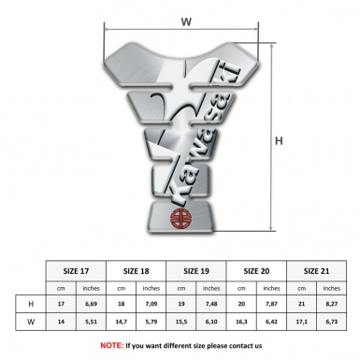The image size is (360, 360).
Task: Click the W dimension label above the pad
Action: click(186, 22)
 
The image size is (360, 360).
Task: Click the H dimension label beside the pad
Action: click(279, 141)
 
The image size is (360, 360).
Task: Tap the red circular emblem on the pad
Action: click(180, 219)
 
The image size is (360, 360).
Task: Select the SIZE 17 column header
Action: click(76, 271)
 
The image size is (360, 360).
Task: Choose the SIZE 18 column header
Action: click(137, 271)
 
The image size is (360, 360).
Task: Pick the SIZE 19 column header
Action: click(196, 271)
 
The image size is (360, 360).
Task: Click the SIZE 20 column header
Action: click(256, 271)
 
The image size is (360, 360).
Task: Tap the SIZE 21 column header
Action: click(316, 271)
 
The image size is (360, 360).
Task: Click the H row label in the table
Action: click(31, 304)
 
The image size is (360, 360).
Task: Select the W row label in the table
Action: click(31, 322)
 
